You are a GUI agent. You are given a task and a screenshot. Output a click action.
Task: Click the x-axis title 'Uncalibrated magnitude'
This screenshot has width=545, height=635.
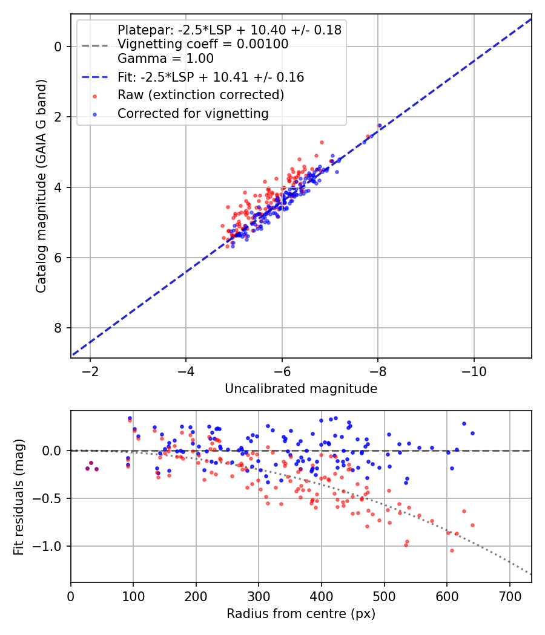301,389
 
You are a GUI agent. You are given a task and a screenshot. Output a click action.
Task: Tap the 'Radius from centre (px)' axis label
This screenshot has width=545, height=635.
301,614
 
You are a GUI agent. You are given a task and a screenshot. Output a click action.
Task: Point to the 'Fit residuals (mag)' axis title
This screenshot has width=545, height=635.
19,497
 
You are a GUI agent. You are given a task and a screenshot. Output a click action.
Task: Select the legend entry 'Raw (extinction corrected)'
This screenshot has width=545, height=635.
200,95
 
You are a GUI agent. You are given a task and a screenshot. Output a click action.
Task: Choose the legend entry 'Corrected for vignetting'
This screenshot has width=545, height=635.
193,113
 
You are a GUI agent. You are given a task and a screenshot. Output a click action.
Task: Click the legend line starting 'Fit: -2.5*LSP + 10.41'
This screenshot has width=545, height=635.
211,77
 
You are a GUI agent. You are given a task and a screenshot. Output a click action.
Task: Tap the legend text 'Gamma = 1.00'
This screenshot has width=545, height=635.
165,59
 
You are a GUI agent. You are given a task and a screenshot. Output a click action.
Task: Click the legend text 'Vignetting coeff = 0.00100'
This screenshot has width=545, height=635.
203,44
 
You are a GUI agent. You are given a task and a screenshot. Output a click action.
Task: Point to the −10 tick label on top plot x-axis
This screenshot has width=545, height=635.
474,370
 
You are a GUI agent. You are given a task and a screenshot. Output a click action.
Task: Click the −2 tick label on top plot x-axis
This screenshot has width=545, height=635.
90,370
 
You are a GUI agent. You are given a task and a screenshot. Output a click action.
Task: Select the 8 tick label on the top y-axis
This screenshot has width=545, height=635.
58,328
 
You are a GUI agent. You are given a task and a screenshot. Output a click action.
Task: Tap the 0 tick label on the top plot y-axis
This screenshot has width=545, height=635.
58,47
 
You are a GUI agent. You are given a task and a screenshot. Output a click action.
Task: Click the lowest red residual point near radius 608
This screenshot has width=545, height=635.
452,550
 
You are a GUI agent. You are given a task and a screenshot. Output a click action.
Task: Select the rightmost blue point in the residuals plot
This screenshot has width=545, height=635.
472,433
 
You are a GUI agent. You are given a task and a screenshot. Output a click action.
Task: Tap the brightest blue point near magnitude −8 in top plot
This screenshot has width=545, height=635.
380,125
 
